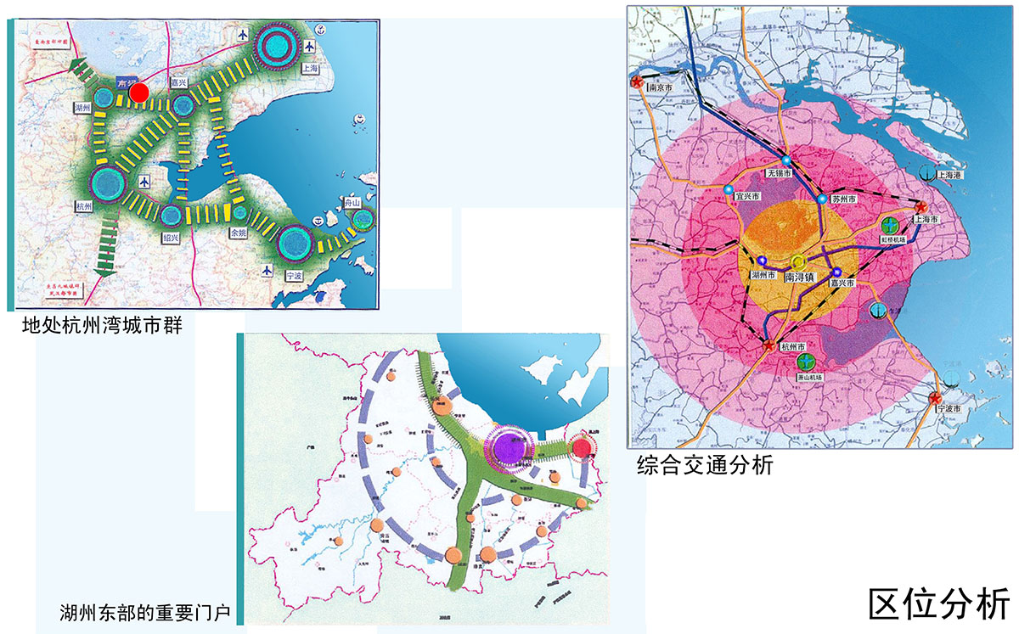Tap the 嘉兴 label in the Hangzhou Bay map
(178, 82)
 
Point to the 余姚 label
(239, 232)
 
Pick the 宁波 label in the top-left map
(295, 275)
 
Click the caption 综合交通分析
(705, 464)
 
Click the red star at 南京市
(636, 81)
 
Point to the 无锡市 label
(780, 172)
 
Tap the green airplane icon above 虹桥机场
(890, 226)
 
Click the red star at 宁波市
(936, 399)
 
